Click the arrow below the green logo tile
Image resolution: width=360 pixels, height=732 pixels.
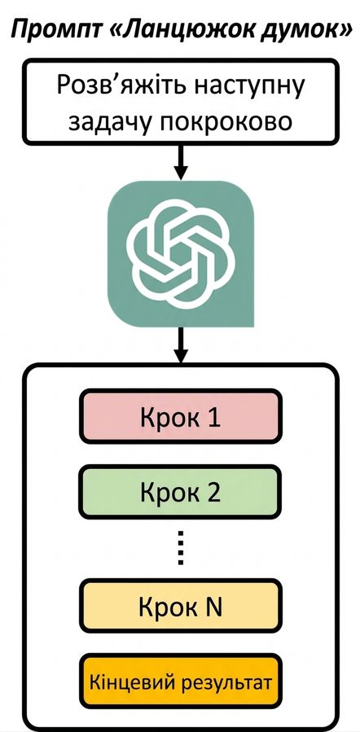coord(181,344)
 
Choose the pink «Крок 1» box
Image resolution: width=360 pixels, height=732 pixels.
coord(180,417)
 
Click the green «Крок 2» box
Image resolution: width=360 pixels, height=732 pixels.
coord(180,492)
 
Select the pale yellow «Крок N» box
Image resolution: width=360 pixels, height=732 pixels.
coord(180,606)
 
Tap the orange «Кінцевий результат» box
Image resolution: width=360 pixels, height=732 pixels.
coord(180,682)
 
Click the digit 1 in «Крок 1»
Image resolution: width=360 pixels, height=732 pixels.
coord(213,417)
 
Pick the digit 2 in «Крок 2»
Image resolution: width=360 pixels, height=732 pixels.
coord(213,492)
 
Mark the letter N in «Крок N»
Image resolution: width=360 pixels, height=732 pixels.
coord(213,606)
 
